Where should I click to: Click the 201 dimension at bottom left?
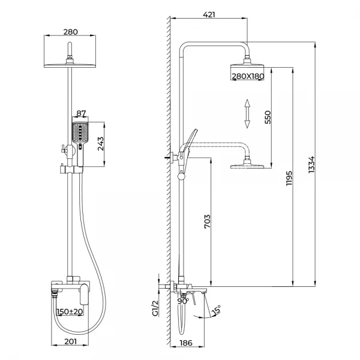point(71,341)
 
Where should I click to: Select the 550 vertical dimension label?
point(268,118)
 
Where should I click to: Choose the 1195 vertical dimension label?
point(289,178)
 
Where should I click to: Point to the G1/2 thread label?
point(154,307)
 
